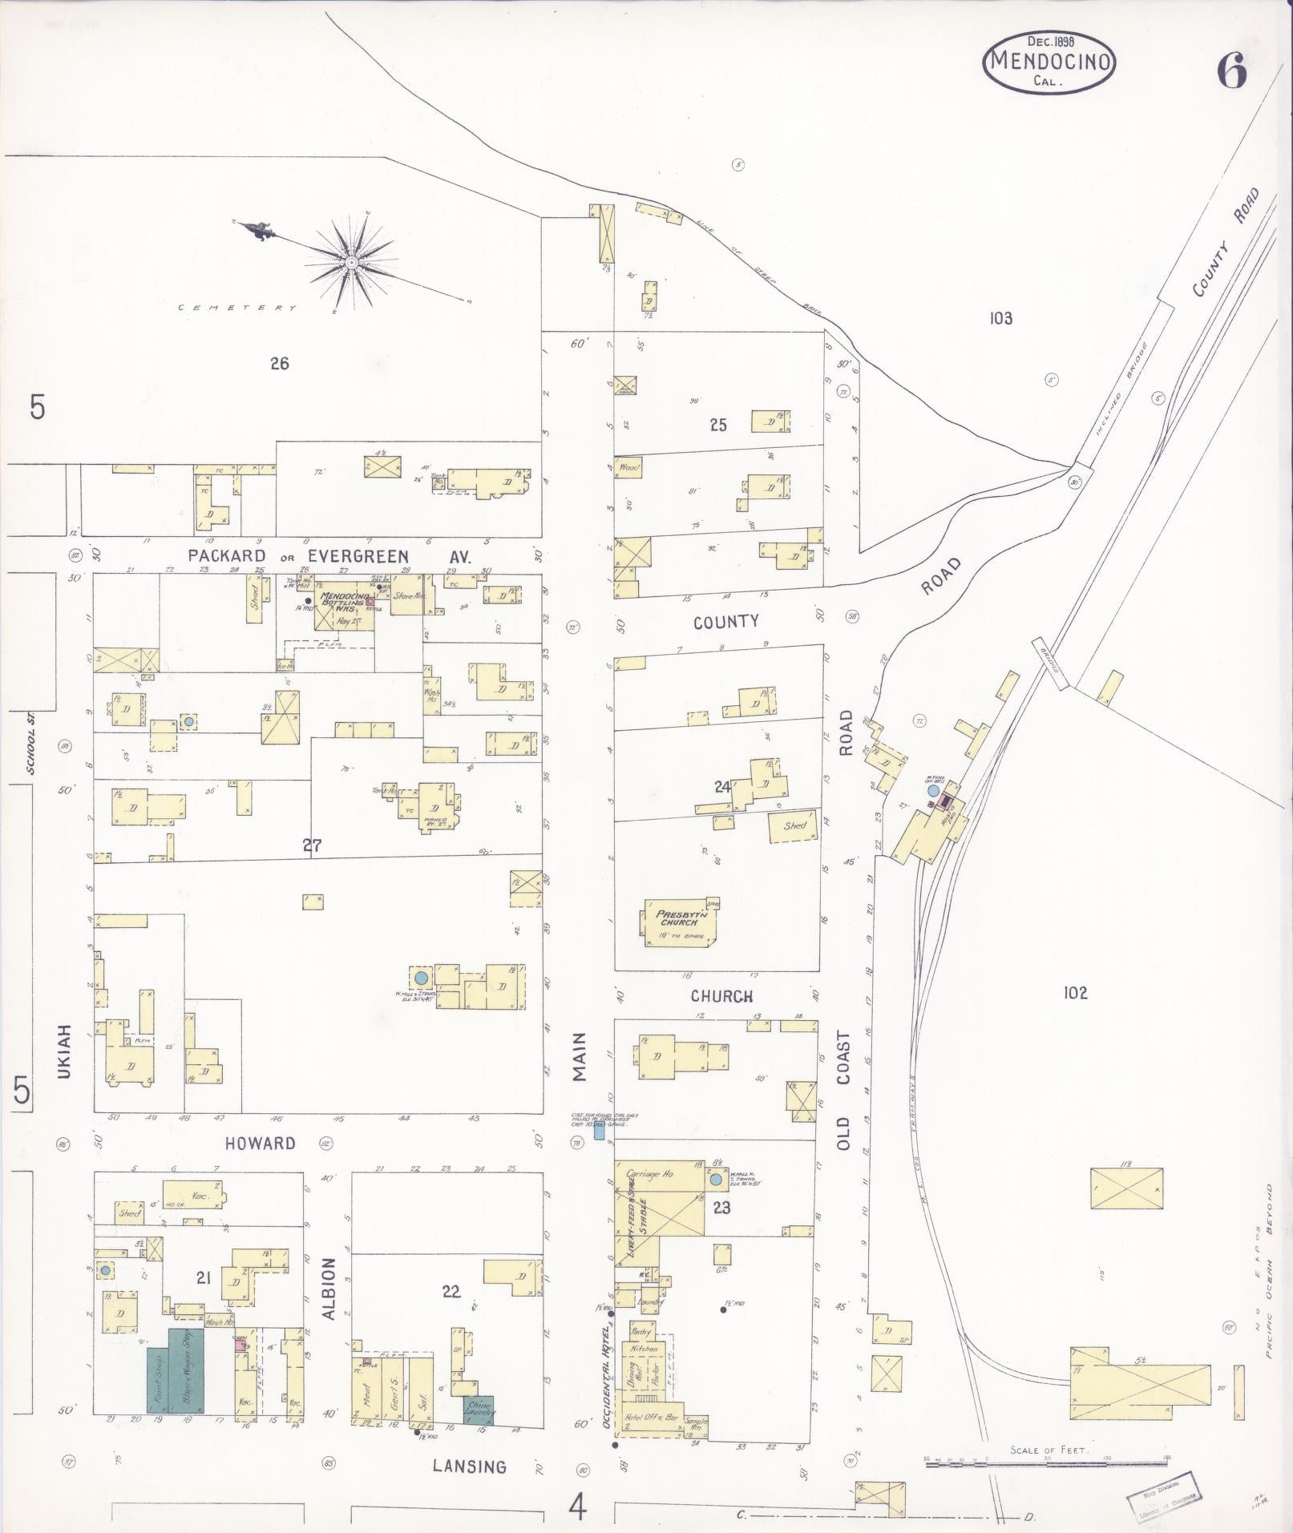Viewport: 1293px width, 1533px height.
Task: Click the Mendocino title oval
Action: [1049, 63]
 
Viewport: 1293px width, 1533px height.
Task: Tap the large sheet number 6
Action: [1233, 73]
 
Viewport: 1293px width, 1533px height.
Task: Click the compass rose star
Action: [351, 262]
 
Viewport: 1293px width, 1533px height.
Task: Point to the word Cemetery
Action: [236, 308]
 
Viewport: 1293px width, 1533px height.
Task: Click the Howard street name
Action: [260, 1144]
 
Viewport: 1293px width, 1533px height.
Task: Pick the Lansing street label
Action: [469, 1466]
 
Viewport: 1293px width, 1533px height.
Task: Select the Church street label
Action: [722, 996]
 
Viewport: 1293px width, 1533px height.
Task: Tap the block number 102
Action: [1075, 993]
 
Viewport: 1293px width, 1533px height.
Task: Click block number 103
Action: [1000, 318]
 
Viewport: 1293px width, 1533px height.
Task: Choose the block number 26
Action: [278, 363]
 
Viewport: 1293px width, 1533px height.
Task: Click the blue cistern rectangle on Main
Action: [598, 1132]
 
